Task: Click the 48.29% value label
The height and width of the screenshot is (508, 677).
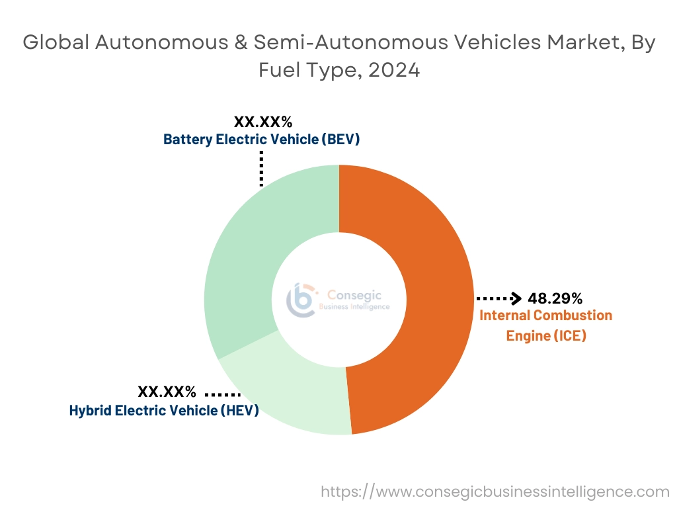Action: click(x=555, y=298)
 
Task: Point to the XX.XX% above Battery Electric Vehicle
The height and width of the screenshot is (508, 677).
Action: click(x=262, y=122)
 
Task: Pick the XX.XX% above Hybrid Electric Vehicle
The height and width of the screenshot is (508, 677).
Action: click(x=167, y=392)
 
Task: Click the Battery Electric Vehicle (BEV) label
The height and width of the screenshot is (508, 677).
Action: click(x=262, y=140)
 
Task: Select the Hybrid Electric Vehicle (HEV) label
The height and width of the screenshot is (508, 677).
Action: click(x=164, y=410)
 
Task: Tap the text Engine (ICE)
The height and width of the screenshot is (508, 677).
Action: click(x=546, y=335)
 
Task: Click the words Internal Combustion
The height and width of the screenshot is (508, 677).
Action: click(x=546, y=316)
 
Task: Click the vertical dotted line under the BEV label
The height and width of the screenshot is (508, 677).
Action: click(x=262, y=168)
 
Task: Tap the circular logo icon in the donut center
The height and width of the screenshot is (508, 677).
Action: click(x=301, y=300)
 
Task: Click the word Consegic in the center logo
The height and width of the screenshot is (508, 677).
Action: click(x=354, y=295)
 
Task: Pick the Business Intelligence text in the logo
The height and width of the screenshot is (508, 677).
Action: click(x=354, y=307)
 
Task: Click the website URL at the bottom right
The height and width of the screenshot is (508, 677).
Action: click(x=495, y=491)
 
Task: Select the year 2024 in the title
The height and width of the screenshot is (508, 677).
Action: click(x=393, y=69)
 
